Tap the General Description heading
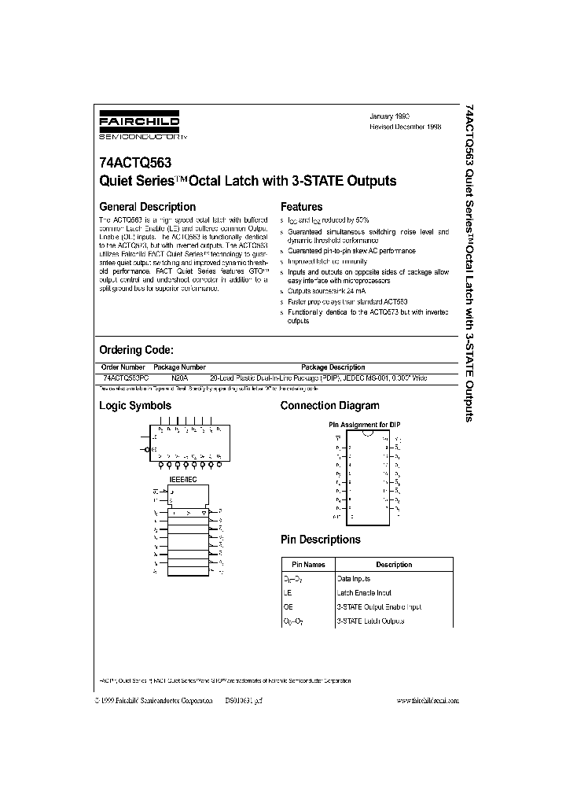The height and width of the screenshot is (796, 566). (147, 207)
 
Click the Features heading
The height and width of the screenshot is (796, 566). (301, 207)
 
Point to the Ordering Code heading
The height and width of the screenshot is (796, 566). (135, 349)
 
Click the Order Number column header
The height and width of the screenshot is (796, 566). (123, 367)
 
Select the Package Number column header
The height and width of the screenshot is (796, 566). (179, 367)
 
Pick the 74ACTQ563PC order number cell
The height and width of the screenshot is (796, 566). (124, 378)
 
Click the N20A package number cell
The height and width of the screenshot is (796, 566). (179, 378)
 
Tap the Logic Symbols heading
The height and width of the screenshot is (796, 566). (134, 406)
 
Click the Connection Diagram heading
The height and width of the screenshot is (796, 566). (329, 406)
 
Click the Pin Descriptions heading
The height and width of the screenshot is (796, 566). (321, 540)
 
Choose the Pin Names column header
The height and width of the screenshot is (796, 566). (308, 565)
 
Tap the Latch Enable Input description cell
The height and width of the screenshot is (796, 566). (364, 593)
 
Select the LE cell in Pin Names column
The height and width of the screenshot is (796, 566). (289, 593)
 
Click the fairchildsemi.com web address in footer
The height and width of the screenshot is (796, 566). (427, 700)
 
